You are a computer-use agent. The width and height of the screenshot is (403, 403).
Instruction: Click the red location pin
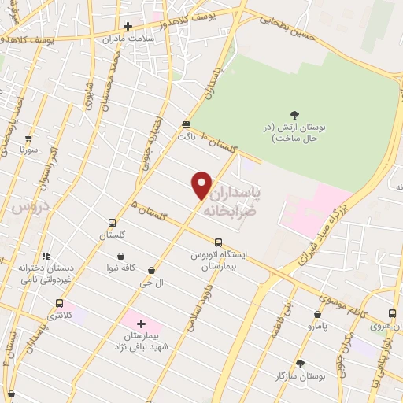click(201, 185)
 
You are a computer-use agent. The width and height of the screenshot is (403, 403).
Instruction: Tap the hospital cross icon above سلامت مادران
click(128, 26)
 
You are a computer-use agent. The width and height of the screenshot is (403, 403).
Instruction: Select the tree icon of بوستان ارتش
click(294, 115)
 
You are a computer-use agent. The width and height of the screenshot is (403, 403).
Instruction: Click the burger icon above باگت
click(186, 124)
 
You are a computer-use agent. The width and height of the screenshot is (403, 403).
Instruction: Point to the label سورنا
click(29, 148)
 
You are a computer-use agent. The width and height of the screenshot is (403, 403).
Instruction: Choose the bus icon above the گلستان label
click(112, 223)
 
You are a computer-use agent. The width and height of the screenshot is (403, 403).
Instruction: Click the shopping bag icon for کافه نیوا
click(120, 256)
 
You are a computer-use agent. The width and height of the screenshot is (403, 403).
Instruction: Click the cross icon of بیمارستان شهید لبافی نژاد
click(141, 323)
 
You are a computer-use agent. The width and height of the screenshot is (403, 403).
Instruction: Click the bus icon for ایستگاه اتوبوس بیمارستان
click(218, 242)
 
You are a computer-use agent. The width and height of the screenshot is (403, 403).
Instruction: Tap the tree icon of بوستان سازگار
click(299, 364)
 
